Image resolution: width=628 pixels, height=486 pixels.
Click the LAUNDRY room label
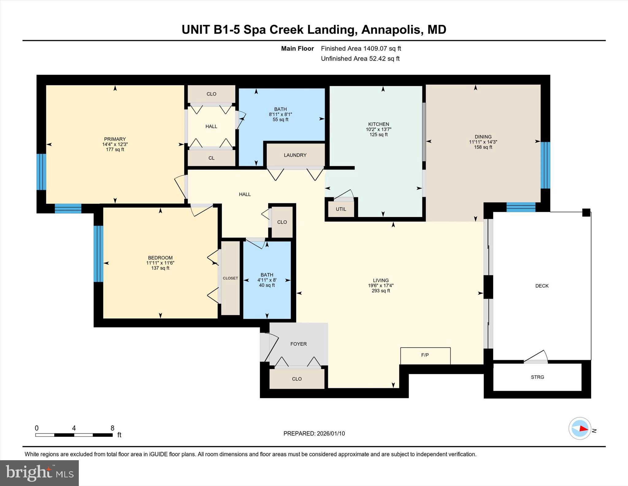[x=295, y=155]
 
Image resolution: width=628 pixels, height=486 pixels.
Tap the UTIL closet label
[x=341, y=209]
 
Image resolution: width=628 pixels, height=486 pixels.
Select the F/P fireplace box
[x=425, y=356]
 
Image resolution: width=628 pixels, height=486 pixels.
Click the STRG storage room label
[x=537, y=377]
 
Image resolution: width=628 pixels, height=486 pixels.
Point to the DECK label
[x=542, y=286]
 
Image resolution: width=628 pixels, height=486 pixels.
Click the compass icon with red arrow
[x=580, y=428]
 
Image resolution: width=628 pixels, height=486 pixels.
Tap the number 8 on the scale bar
[x=112, y=428]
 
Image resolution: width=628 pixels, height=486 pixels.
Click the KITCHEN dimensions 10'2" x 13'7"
[x=378, y=130]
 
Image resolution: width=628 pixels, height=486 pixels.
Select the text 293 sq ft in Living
[x=381, y=291]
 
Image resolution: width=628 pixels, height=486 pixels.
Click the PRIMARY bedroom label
[x=115, y=139]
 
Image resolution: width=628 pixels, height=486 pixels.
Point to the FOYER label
[x=298, y=344]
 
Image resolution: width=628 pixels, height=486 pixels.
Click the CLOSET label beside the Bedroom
[x=230, y=278]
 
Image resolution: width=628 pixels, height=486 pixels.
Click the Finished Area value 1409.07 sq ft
[x=382, y=49]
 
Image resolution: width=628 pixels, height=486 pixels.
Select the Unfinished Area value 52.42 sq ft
[x=384, y=59]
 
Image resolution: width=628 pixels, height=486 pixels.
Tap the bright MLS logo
[x=39, y=473]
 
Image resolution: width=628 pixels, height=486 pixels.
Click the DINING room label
[x=483, y=137]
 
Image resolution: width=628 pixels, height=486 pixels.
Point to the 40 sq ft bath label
[x=267, y=285]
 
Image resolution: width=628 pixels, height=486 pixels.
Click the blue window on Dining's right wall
[x=545, y=165]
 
